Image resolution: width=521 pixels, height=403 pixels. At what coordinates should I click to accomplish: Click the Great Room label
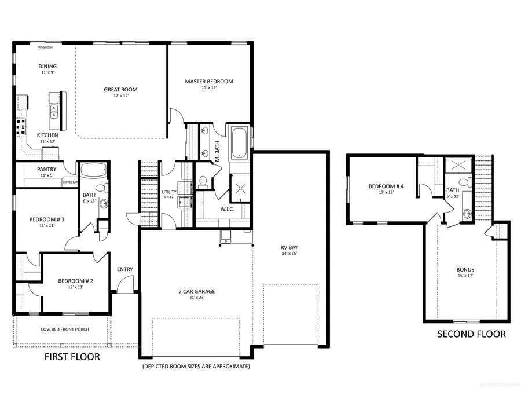pyautogui.click(x=120, y=90)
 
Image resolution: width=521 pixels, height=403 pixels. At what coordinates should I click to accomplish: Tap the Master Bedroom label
pyautogui.click(x=209, y=82)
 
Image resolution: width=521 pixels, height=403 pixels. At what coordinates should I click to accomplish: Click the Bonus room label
pyautogui.click(x=465, y=270)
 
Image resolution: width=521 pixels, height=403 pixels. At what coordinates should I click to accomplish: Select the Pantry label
pyautogui.click(x=46, y=170)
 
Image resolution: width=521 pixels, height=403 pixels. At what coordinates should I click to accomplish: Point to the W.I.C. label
pyautogui.click(x=226, y=209)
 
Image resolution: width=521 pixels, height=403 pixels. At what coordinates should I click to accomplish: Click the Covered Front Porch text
pyautogui.click(x=64, y=329)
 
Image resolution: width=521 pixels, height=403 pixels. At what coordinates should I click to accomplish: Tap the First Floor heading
pyautogui.click(x=72, y=357)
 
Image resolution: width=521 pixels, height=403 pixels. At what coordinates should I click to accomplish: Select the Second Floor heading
pyautogui.click(x=471, y=334)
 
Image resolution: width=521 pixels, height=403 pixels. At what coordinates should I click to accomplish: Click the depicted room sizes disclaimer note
pyautogui.click(x=196, y=367)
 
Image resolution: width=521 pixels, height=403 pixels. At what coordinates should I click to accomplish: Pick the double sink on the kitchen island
pyautogui.click(x=54, y=111)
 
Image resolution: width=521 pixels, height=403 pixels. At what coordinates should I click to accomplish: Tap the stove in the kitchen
pyautogui.click(x=21, y=126)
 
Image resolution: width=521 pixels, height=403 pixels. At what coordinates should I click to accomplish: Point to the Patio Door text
pyautogui.click(x=45, y=48)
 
